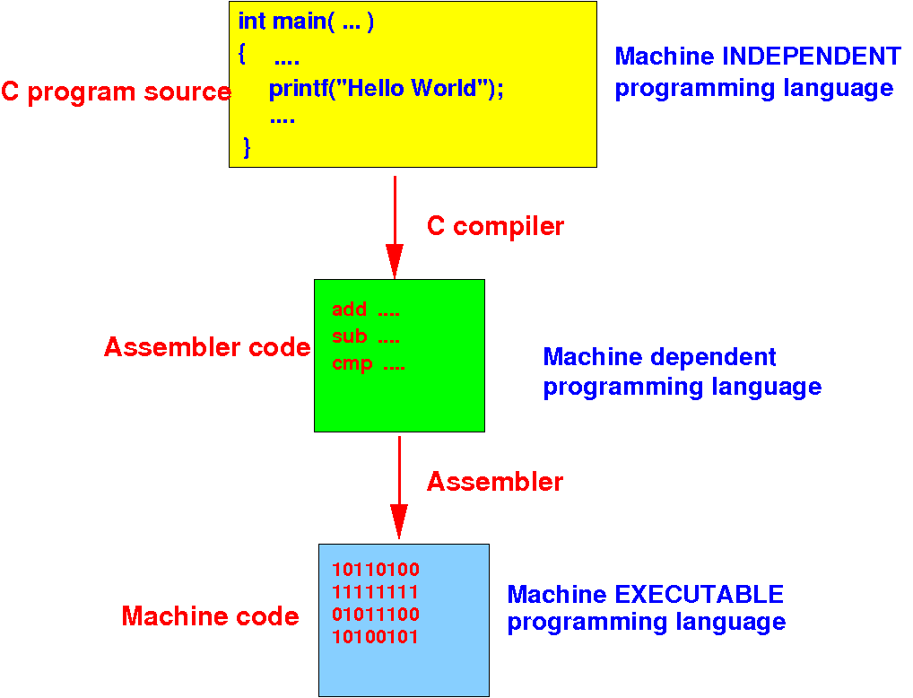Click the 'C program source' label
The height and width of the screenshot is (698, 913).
pyautogui.click(x=116, y=92)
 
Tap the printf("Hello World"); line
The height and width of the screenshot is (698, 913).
pyautogui.click(x=386, y=89)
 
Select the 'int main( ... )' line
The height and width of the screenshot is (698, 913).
pyautogui.click(x=306, y=22)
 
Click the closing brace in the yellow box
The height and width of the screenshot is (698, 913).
pyautogui.click(x=247, y=147)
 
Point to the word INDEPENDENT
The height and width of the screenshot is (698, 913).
pyautogui.click(x=812, y=56)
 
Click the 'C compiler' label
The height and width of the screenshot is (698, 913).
pyautogui.click(x=495, y=227)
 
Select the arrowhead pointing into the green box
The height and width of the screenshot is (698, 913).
pyautogui.click(x=395, y=262)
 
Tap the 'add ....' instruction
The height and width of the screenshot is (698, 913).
pyautogui.click(x=366, y=310)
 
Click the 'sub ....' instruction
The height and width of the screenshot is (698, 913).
pyautogui.click(x=366, y=336)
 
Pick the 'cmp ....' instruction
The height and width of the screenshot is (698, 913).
pyautogui.click(x=368, y=363)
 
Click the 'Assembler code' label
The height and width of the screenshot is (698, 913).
pyautogui.click(x=207, y=347)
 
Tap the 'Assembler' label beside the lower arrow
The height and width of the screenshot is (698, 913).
pyautogui.click(x=495, y=482)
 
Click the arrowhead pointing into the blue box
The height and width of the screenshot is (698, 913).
pyautogui.click(x=399, y=521)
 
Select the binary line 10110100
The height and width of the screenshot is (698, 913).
pyautogui.click(x=376, y=569)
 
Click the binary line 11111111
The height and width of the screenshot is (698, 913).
pyautogui.click(x=376, y=592)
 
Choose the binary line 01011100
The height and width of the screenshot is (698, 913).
pyautogui.click(x=376, y=614)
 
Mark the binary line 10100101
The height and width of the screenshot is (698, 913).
pyautogui.click(x=376, y=637)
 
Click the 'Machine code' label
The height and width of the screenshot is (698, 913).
pyautogui.click(x=210, y=616)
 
